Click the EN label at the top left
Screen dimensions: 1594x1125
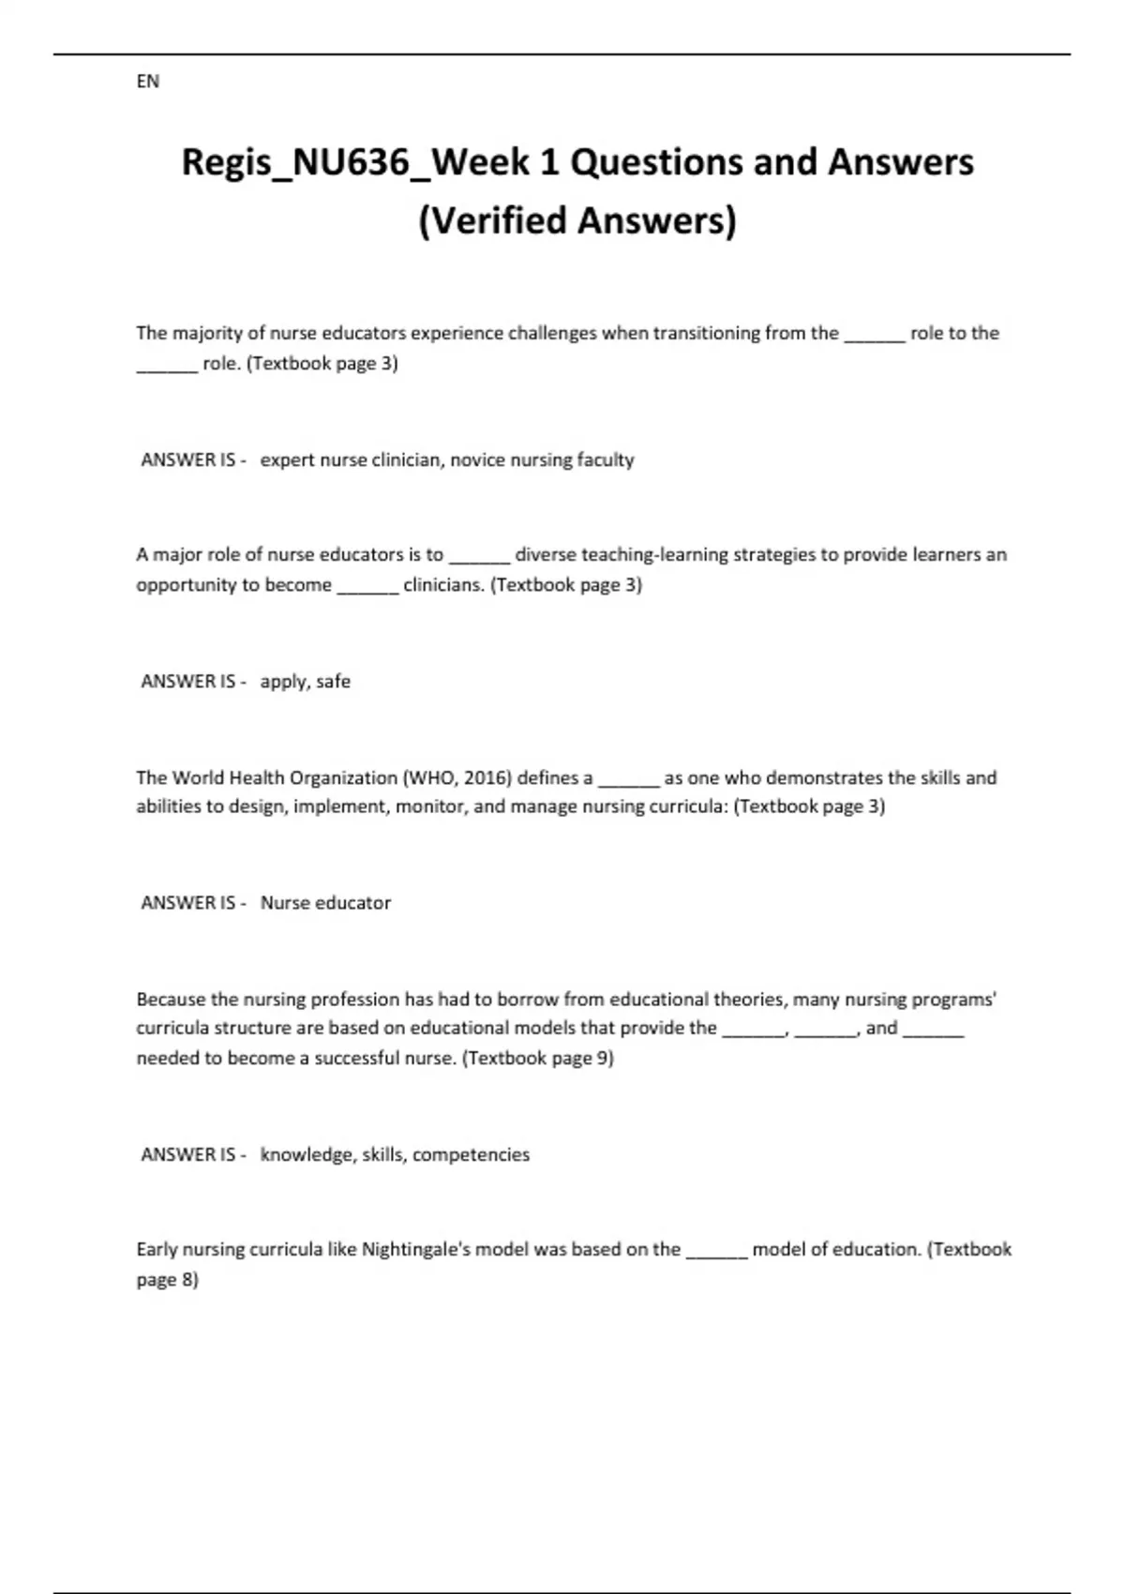pyautogui.click(x=148, y=82)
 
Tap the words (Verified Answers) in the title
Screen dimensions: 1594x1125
pyautogui.click(x=577, y=220)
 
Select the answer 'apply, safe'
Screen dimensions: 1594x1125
pyautogui.click(x=306, y=682)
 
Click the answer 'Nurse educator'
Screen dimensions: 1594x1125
pyautogui.click(x=325, y=903)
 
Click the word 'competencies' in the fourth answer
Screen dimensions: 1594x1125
pyautogui.click(x=471, y=1154)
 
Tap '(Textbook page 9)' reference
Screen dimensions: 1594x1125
pyautogui.click(x=538, y=1059)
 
